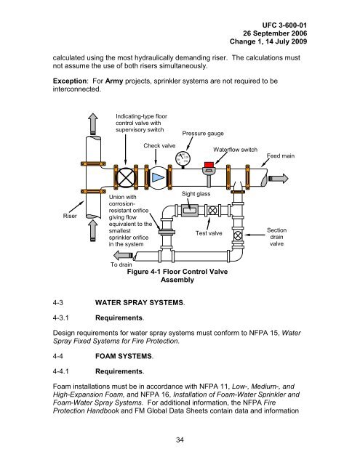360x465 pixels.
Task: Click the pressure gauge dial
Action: coord(183,158)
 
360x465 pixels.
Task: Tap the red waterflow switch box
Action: coord(209,165)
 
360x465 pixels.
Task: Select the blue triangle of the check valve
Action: coord(158,177)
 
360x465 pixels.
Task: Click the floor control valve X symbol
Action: coord(126,177)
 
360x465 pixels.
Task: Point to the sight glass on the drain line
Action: coord(189,210)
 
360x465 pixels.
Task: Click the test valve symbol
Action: coord(212,211)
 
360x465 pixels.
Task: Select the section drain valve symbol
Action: coord(238,235)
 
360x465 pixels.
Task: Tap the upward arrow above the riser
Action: coord(93,124)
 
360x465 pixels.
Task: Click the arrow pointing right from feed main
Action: coord(278,178)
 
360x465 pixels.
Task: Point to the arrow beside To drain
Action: coord(123,255)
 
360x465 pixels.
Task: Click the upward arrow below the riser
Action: coord(93,230)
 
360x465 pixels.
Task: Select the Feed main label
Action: coord(281,155)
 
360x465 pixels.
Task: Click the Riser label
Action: coord(70,216)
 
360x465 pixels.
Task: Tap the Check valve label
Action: coord(159,145)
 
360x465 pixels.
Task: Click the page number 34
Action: coord(180,440)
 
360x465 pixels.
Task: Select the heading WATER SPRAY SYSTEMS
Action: coord(139,303)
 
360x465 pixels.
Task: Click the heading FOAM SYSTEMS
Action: coord(124,356)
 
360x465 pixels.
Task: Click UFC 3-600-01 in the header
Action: coord(284,25)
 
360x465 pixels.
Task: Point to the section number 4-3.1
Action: coord(60,318)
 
